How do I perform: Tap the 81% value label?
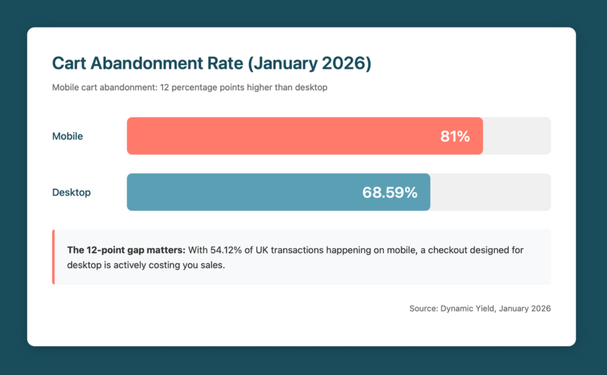click(x=455, y=136)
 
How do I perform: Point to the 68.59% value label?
click(x=389, y=192)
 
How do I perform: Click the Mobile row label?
click(x=68, y=136)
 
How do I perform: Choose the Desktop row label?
click(x=71, y=192)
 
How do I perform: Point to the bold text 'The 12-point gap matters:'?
click(x=126, y=250)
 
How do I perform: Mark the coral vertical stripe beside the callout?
click(x=53, y=257)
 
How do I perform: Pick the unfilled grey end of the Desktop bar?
click(x=490, y=192)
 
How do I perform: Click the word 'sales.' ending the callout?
click(x=212, y=265)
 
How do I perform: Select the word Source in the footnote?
click(x=423, y=309)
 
